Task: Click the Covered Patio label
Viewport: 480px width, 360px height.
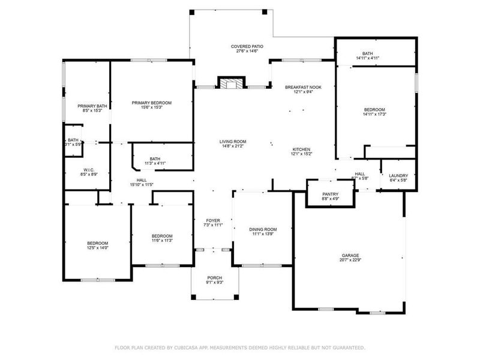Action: click(247, 46)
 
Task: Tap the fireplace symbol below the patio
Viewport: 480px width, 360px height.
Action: click(231, 83)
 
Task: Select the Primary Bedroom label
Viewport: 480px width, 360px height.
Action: click(152, 103)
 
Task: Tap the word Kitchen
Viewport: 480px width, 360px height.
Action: click(301, 149)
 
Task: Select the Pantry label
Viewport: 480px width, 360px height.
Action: click(331, 194)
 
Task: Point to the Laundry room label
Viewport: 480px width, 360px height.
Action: click(398, 175)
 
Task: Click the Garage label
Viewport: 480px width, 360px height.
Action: click(351, 255)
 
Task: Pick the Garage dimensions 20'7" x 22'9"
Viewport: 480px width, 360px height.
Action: click(351, 260)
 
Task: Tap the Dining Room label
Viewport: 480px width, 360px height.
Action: click(263, 229)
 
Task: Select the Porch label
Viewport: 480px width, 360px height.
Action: click(214, 278)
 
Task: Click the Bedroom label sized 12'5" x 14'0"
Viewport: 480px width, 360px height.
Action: click(97, 242)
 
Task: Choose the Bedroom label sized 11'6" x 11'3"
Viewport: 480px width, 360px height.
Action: click(162, 236)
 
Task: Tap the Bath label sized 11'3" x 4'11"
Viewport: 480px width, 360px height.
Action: click(155, 158)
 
